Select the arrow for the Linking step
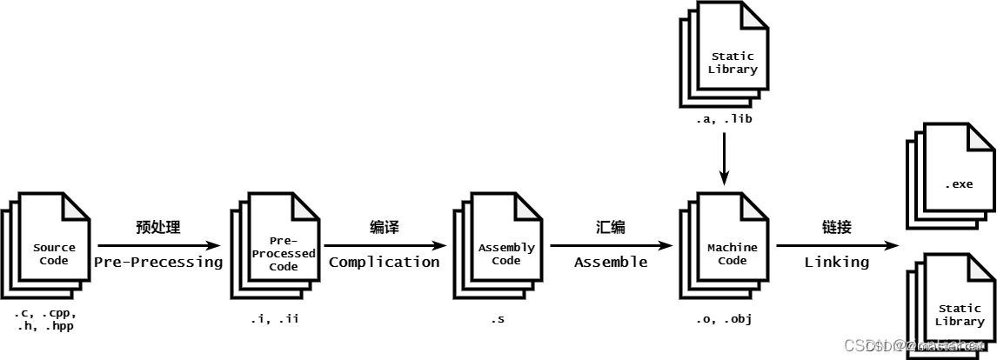(x=836, y=245)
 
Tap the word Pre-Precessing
(x=158, y=262)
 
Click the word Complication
(x=384, y=262)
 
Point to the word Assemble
(x=611, y=262)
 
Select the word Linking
(x=836, y=262)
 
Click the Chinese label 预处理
(x=158, y=228)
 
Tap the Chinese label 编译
(x=384, y=228)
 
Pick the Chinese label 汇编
(x=611, y=228)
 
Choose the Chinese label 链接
(x=836, y=228)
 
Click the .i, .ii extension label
(x=275, y=319)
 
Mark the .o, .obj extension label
(x=724, y=319)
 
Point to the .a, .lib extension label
(x=724, y=119)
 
